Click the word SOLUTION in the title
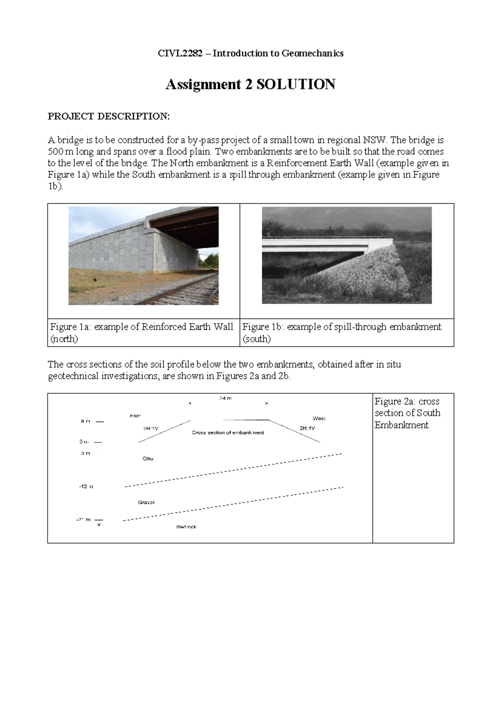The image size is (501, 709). (296, 85)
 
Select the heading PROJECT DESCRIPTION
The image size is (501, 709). (109, 116)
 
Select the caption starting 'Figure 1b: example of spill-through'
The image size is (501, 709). (342, 332)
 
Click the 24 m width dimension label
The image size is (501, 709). (225, 399)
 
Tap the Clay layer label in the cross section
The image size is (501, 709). (148, 458)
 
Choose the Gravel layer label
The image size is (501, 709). (146, 502)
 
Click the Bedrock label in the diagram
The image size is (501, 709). (186, 527)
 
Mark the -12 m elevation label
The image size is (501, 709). (86, 486)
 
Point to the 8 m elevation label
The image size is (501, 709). (85, 422)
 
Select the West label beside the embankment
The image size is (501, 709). (319, 418)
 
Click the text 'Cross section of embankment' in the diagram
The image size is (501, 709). (228, 433)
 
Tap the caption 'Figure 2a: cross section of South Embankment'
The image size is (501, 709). (407, 413)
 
